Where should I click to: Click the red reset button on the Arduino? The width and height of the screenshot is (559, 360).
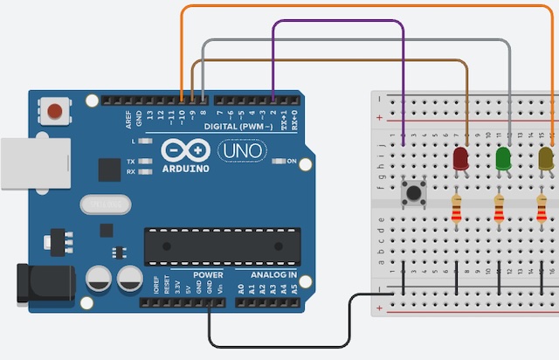click(56, 111)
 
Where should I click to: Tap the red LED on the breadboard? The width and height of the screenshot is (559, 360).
click(460, 159)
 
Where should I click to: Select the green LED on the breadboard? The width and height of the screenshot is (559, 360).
click(503, 159)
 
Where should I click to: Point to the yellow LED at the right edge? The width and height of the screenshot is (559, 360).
click(546, 158)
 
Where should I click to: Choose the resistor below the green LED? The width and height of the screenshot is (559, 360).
click(500, 210)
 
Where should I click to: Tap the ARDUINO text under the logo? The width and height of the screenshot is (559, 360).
click(186, 168)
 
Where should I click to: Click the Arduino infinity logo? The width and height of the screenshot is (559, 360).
click(186, 150)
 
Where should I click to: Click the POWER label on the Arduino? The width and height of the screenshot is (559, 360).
click(209, 275)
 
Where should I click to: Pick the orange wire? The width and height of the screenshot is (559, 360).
click(367, 7)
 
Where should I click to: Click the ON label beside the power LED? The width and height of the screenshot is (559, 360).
click(292, 162)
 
